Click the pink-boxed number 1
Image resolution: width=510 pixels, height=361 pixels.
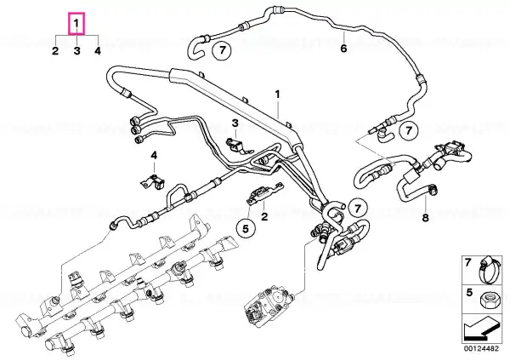click(x=76, y=24)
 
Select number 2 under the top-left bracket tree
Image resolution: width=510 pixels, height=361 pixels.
click(x=55, y=51)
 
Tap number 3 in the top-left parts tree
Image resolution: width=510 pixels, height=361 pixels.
click(x=76, y=51)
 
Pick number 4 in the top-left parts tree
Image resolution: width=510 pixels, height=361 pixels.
click(x=98, y=51)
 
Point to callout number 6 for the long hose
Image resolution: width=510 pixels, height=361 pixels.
click(x=343, y=49)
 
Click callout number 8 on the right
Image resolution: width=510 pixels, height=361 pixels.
click(x=426, y=218)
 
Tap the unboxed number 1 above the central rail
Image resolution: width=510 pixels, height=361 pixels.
click(x=277, y=95)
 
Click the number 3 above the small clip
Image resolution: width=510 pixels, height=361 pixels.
click(x=235, y=123)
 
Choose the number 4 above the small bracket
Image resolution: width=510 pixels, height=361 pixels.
click(x=154, y=155)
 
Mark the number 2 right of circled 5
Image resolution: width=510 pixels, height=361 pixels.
click(x=264, y=216)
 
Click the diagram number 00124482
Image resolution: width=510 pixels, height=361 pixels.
click(x=481, y=349)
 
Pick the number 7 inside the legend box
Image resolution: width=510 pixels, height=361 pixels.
click(x=467, y=262)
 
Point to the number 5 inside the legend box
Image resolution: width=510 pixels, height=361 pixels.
click(x=468, y=292)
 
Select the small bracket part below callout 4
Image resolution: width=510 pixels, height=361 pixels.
click(x=153, y=182)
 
